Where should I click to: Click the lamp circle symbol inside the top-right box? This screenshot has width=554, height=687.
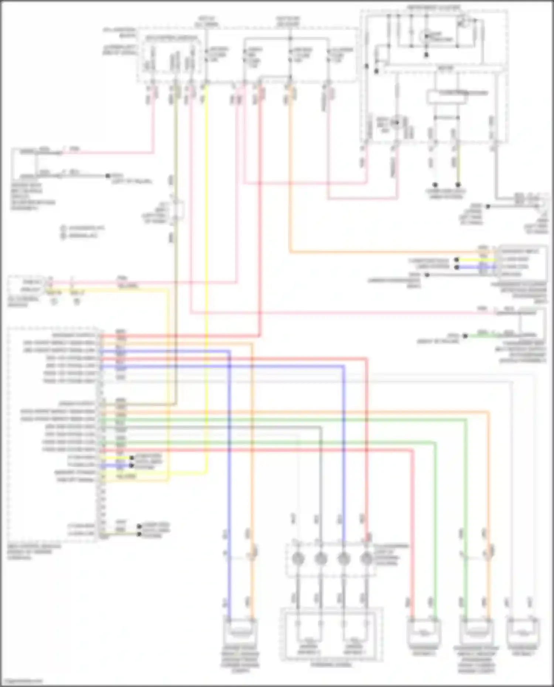pyautogui.click(x=426, y=36)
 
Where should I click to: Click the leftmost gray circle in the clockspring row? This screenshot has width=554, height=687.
pyautogui.click(x=298, y=559)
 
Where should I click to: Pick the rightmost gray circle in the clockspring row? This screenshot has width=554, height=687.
pyautogui.click(x=366, y=559)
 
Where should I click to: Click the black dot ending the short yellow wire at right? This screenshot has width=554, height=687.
pyautogui.click(x=457, y=260)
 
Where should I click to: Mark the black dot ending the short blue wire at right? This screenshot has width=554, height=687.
pyautogui.click(x=457, y=267)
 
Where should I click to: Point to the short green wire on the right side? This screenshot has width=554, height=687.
pyautogui.click(x=480, y=336)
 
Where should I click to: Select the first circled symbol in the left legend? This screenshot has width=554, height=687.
pyautogui.click(x=63, y=228)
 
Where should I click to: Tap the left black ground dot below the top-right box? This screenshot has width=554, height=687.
pyautogui.click(x=435, y=185)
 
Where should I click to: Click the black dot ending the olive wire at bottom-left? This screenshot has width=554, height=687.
pyautogui.click(x=139, y=534)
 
